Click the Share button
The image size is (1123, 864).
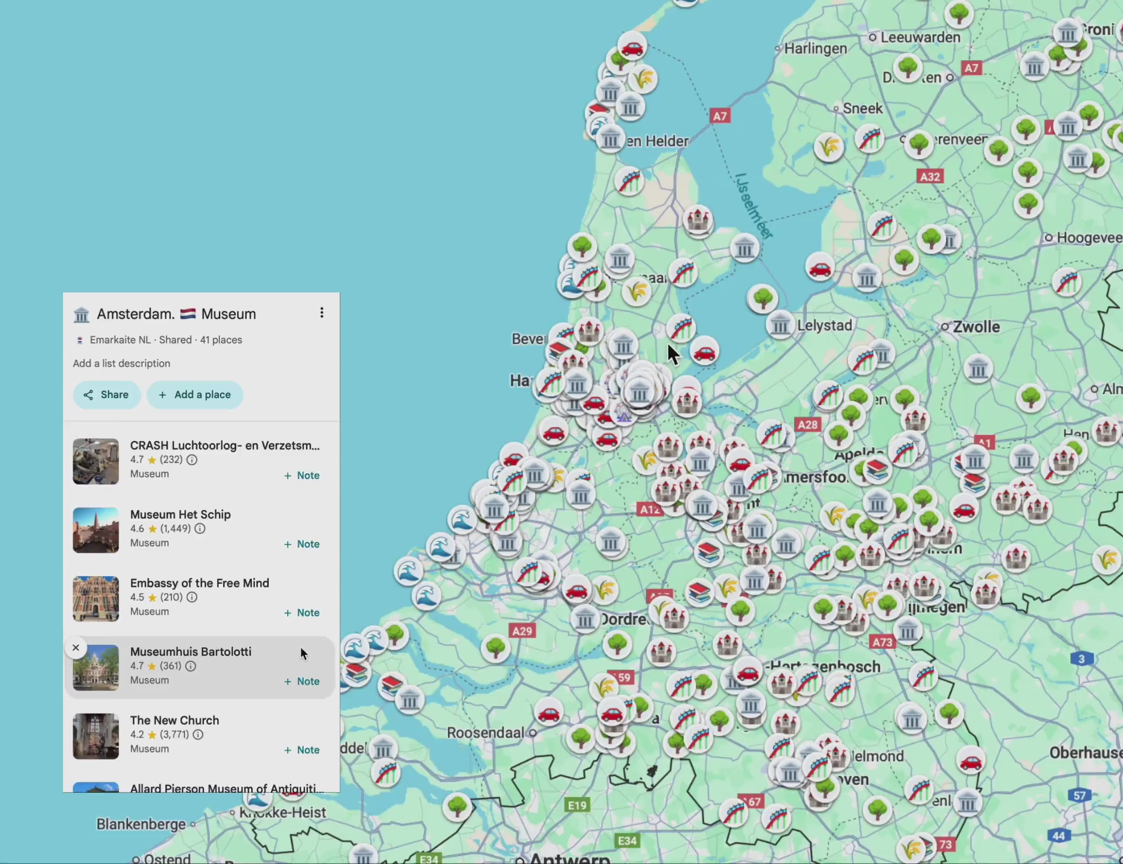(x=106, y=394)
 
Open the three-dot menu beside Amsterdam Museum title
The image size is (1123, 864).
(x=322, y=313)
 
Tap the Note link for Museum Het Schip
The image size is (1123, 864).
(x=302, y=544)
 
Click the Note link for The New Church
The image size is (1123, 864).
(x=302, y=750)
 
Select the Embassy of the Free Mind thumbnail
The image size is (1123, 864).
(x=95, y=599)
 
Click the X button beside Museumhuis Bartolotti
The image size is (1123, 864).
(x=76, y=648)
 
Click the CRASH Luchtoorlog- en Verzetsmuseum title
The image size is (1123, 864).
(x=225, y=445)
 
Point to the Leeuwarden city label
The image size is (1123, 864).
(x=920, y=37)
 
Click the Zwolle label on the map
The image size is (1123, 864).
(x=976, y=327)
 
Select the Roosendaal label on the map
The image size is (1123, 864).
(x=485, y=732)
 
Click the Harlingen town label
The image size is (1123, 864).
(x=815, y=48)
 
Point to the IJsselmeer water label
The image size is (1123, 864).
(x=753, y=206)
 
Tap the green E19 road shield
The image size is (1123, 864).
(x=577, y=805)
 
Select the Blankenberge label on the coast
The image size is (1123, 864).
(x=141, y=824)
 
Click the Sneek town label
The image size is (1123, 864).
(x=862, y=108)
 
